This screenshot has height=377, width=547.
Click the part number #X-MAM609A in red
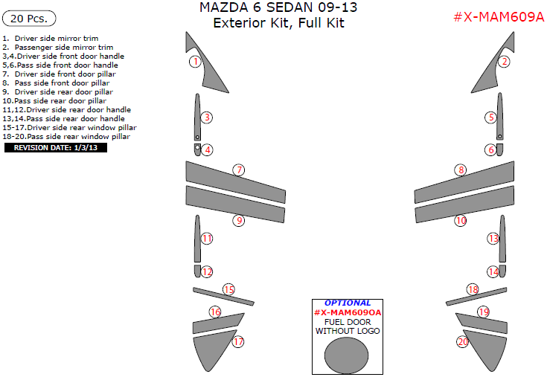[x=499, y=17]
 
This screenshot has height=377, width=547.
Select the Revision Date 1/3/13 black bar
[x=56, y=147]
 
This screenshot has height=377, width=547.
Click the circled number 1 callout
[x=194, y=62]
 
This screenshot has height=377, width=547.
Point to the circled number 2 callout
[x=504, y=62]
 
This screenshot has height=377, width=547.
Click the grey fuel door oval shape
[x=347, y=355]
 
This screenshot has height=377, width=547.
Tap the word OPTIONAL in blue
[x=348, y=303]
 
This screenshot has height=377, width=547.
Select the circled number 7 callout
[x=238, y=170]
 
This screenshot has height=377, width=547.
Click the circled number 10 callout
[x=461, y=221]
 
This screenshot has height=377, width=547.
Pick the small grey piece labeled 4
[x=198, y=149]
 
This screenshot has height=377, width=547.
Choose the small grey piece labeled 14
[x=502, y=271]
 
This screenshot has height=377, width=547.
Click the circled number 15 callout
[x=228, y=289]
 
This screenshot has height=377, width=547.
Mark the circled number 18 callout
[x=473, y=289]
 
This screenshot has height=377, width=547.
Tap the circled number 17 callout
[x=238, y=342]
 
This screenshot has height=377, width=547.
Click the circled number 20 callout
[x=462, y=342]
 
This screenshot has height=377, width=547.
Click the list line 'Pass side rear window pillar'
[x=71, y=136]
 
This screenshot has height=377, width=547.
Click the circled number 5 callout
[x=490, y=117]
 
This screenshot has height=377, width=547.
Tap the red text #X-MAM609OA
[x=347, y=312]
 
